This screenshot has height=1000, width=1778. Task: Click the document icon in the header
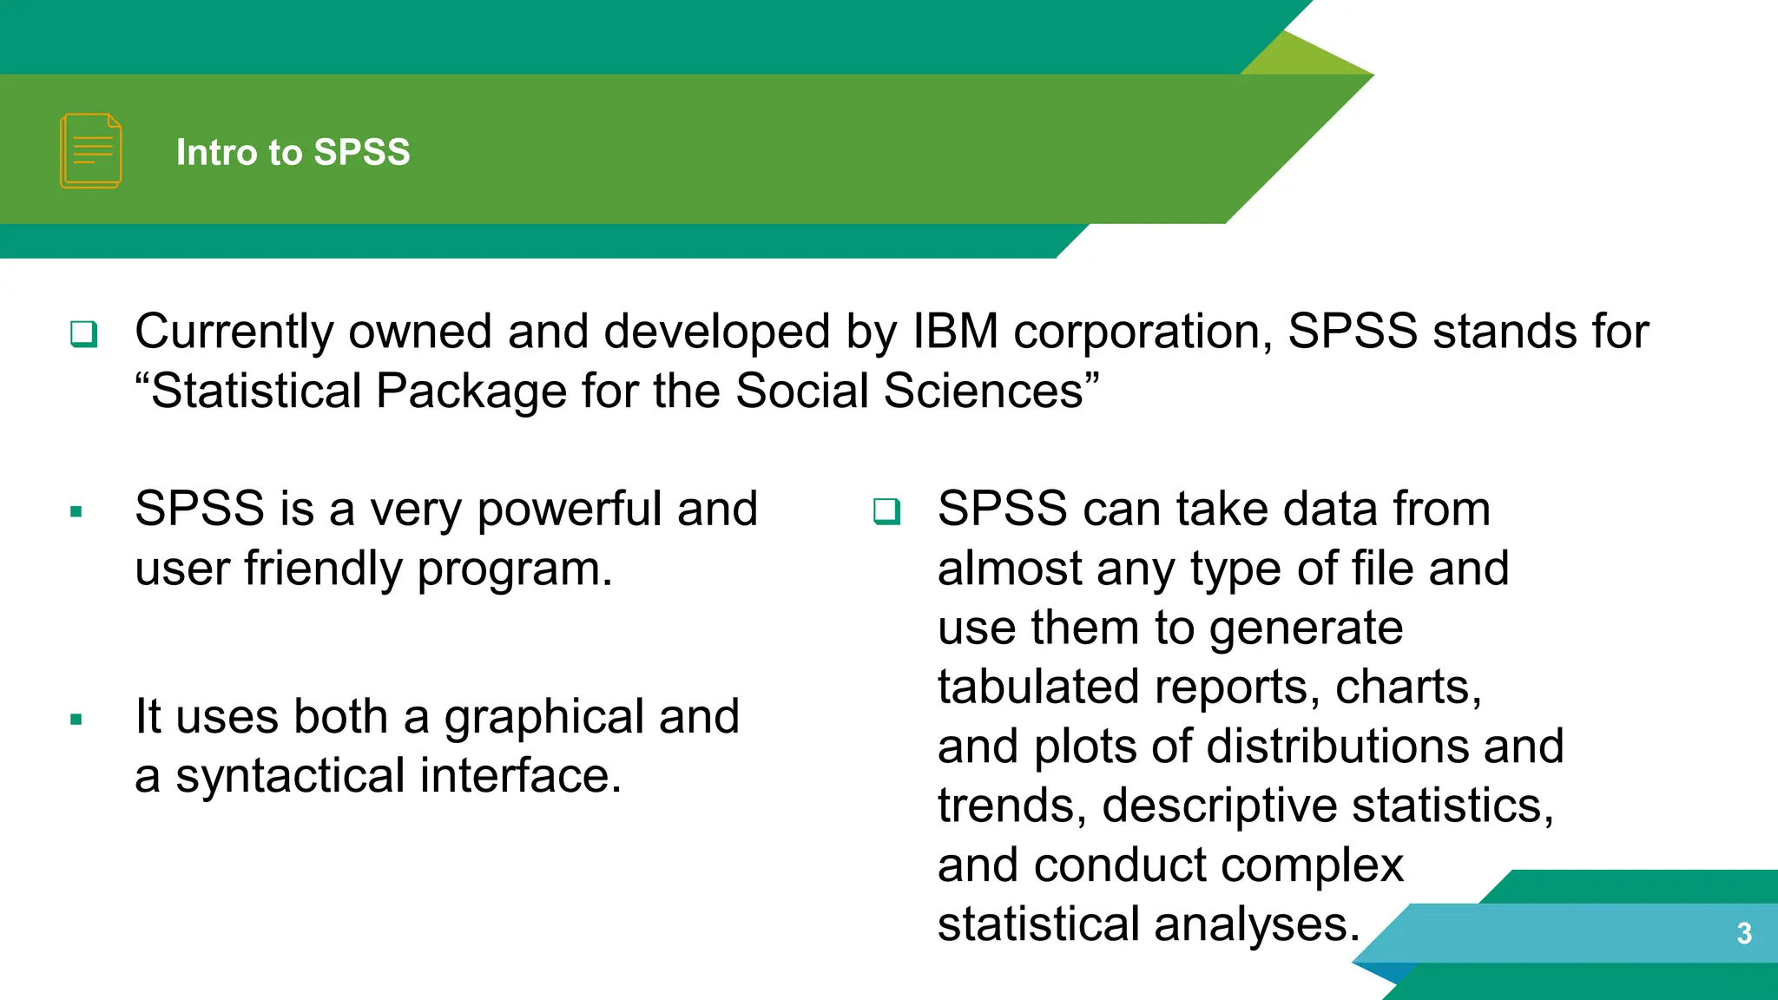pos(90,151)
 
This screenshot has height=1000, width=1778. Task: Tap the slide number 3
pos(1743,933)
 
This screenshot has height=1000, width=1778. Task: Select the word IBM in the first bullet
pos(955,332)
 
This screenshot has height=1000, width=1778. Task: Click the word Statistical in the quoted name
pos(255,391)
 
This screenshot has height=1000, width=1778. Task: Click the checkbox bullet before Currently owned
pos(84,333)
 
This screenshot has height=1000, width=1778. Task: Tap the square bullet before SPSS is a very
pos(76,512)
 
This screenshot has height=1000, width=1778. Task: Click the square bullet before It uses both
pos(76,720)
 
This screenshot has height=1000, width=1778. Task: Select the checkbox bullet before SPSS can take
pos(886,511)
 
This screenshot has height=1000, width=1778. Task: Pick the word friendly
pos(323,569)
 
